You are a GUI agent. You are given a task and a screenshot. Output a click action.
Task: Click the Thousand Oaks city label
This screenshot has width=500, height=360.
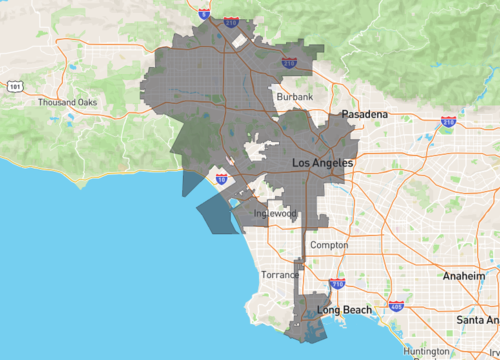(x=67, y=102)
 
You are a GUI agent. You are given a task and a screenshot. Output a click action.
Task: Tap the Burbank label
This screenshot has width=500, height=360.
(x=295, y=96)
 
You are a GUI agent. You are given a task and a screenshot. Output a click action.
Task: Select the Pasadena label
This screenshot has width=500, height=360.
(x=364, y=115)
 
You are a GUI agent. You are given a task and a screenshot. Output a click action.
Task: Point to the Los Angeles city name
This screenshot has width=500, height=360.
(x=321, y=162)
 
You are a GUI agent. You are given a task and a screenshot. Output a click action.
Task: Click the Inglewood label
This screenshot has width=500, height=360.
(x=277, y=213)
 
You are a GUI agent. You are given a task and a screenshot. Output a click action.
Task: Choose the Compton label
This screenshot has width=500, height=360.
(x=329, y=245)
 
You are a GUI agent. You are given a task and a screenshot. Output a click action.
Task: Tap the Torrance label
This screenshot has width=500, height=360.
(x=280, y=274)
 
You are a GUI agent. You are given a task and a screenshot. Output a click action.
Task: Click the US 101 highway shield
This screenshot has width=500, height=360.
(x=14, y=87)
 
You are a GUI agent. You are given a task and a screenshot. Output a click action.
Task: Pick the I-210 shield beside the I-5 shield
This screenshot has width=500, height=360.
(x=231, y=20)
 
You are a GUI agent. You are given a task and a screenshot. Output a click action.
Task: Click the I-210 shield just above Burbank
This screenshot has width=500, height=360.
(x=289, y=63)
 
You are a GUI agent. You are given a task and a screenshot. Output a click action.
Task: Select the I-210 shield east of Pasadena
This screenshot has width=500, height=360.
(x=448, y=122)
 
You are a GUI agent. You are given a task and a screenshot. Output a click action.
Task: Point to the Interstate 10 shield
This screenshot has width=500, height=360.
(x=221, y=180)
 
